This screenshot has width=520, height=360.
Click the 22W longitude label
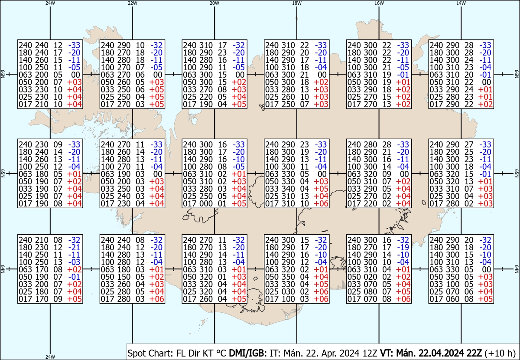133,3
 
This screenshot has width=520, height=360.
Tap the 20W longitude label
214,3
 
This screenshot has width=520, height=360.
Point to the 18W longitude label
297,3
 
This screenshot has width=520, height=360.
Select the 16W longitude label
379,3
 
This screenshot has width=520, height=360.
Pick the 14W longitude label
461,3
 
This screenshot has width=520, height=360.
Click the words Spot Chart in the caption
146,353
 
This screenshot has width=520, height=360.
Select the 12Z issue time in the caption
370,353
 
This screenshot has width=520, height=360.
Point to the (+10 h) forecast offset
500,353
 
